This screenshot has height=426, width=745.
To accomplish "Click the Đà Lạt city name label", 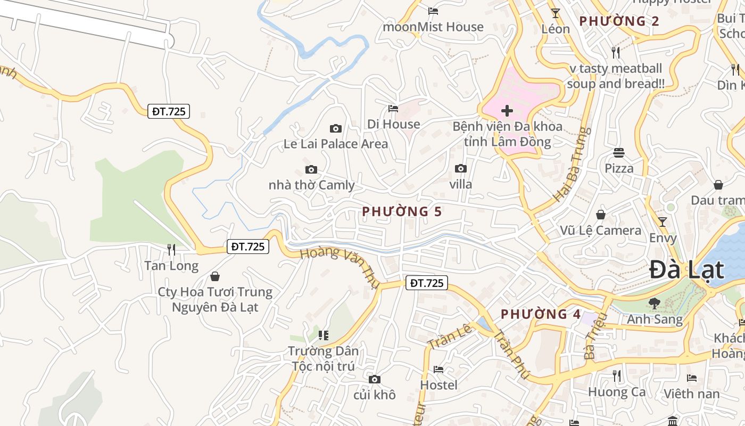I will [x=686, y=270].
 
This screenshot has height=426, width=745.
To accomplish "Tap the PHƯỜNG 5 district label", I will [x=402, y=211].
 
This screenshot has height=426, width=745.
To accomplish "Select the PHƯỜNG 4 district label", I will [x=541, y=314].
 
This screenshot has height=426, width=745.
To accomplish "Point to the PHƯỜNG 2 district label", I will [x=619, y=21].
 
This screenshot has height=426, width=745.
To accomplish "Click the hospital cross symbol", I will [x=507, y=111].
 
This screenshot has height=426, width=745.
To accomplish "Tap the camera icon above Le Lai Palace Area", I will [x=335, y=128].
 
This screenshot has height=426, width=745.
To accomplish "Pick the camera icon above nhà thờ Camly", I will [x=311, y=170].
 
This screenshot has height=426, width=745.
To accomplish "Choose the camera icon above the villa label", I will [x=461, y=169].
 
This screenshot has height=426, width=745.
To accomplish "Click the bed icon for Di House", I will [x=393, y=109].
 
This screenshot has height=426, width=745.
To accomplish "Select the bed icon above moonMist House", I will [x=433, y=11].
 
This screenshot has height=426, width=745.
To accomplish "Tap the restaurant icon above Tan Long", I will [x=171, y=249].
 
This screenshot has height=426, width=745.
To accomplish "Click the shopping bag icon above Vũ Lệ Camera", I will [x=601, y=215].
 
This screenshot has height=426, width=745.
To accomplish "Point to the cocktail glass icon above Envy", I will [x=662, y=222].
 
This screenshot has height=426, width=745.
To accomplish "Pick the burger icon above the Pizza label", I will [x=618, y=153].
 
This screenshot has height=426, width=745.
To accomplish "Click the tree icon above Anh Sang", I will [x=654, y=304].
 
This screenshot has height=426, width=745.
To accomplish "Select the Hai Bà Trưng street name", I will [x=572, y=164].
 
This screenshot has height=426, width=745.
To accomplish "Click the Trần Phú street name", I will [x=510, y=355].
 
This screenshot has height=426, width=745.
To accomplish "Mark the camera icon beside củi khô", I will [x=375, y=379].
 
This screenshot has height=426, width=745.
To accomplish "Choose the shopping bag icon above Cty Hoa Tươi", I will [x=215, y=276].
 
